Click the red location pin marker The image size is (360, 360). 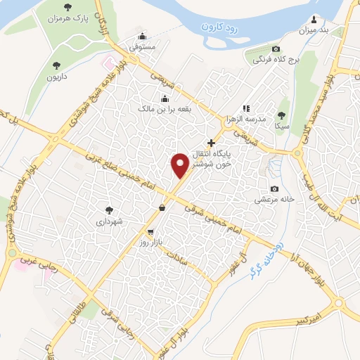(x=179, y=165)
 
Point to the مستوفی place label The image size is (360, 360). (x=143, y=48)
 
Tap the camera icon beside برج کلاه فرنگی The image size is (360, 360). (x=276, y=49)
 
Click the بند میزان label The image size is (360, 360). (x=313, y=30)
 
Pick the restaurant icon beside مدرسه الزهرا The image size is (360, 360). (x=246, y=108)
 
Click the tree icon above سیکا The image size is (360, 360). (x=282, y=115)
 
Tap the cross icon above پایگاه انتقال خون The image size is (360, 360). (x=211, y=143)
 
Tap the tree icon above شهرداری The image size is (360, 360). (x=109, y=210)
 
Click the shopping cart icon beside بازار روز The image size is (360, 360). (x=150, y=231)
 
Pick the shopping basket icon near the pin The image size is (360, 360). (x=162, y=207)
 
